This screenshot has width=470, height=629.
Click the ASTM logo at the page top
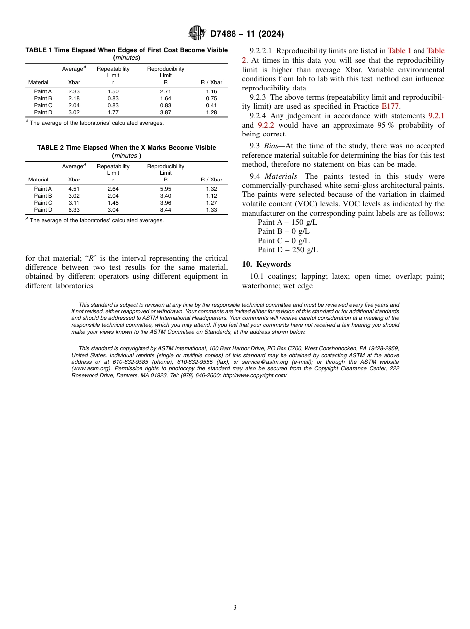pyautogui.click(x=196, y=33)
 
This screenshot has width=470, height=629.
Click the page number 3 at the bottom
pyautogui.click(x=235, y=607)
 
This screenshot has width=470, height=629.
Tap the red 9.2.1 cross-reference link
pyautogui.click(x=436, y=116)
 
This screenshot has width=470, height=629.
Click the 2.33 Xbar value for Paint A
pyautogui.click(x=74, y=91)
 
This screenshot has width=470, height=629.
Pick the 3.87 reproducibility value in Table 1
pyautogui.click(x=165, y=112)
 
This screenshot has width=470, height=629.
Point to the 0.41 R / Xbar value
pyautogui.click(x=211, y=105)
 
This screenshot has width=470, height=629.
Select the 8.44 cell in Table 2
pyautogui.click(x=165, y=210)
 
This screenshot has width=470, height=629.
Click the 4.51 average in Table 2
pyautogui.click(x=74, y=189)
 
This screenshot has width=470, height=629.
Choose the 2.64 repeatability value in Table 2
pyautogui.click(x=113, y=189)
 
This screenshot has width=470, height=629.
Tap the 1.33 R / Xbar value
pyautogui.click(x=211, y=210)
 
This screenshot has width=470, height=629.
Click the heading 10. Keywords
pyautogui.click(x=266, y=264)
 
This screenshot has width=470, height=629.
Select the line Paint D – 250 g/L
pyautogui.click(x=288, y=250)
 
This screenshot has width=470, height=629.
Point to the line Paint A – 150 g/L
pyautogui.click(x=287, y=222)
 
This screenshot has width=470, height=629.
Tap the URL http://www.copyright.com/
pyautogui.click(x=254, y=375)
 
